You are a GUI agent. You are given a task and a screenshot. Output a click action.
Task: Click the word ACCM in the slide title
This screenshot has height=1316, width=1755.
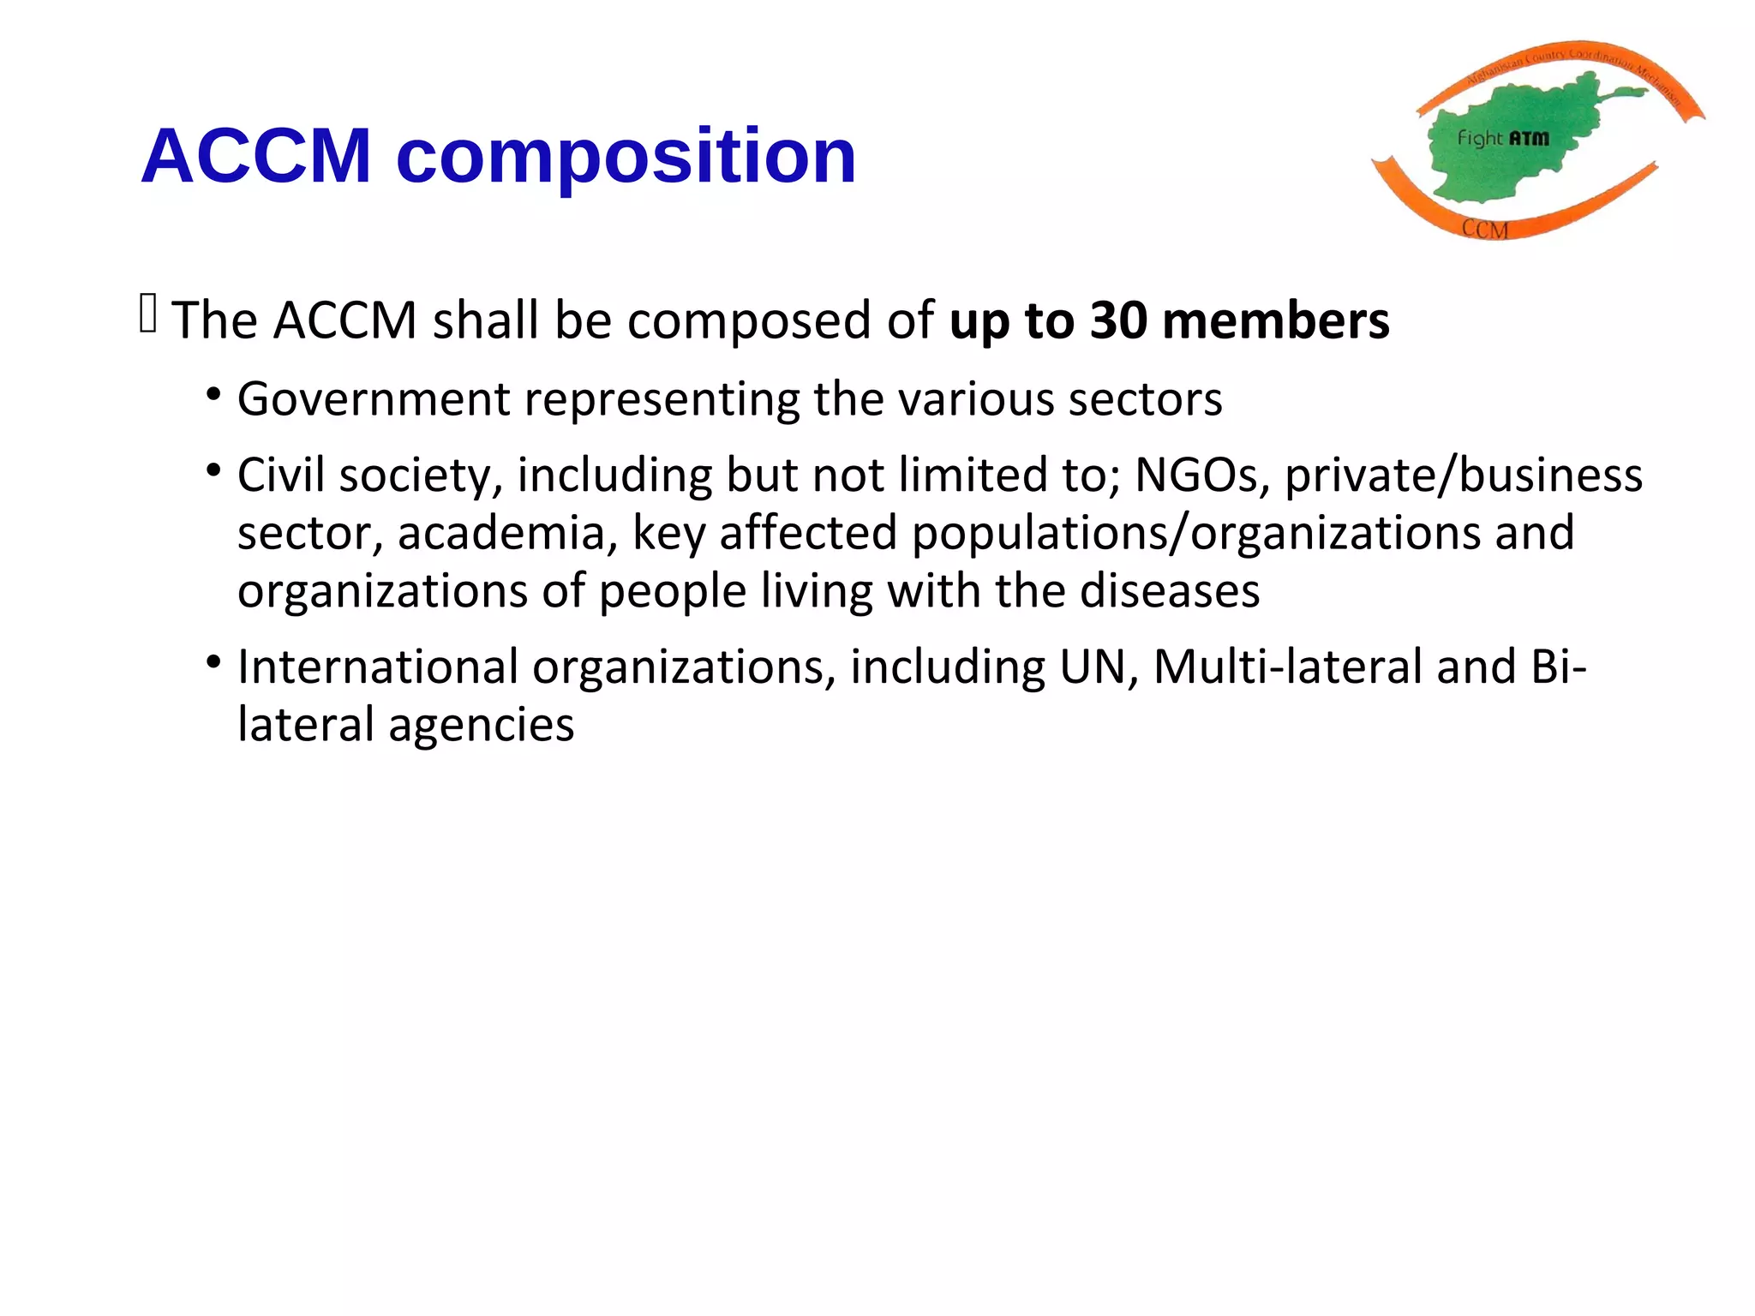[x=256, y=156]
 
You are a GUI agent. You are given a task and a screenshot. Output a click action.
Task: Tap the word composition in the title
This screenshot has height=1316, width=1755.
[x=626, y=158]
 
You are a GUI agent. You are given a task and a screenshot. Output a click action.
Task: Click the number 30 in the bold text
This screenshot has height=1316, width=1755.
[x=1117, y=320]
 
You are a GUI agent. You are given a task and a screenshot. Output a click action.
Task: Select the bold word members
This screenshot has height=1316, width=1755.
[x=1276, y=320]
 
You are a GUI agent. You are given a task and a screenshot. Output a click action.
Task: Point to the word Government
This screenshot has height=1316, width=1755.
[x=374, y=399]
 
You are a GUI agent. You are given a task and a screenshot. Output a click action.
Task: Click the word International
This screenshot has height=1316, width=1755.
[x=378, y=667]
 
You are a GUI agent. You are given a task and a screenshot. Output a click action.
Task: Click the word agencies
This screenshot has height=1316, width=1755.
[x=481, y=725]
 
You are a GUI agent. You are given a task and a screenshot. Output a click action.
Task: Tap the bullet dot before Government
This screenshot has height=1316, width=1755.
[x=213, y=396]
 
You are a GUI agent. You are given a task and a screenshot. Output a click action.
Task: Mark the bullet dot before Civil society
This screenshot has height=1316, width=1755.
[x=213, y=471]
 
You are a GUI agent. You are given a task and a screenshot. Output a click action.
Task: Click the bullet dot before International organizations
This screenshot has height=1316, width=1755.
[x=213, y=663]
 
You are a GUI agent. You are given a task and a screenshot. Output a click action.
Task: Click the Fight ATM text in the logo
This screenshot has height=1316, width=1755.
[x=1503, y=138]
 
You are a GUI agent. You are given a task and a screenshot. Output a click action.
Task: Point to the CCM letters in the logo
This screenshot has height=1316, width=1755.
[x=1485, y=229]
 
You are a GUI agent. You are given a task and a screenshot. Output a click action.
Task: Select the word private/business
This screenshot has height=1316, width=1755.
[x=1464, y=476]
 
